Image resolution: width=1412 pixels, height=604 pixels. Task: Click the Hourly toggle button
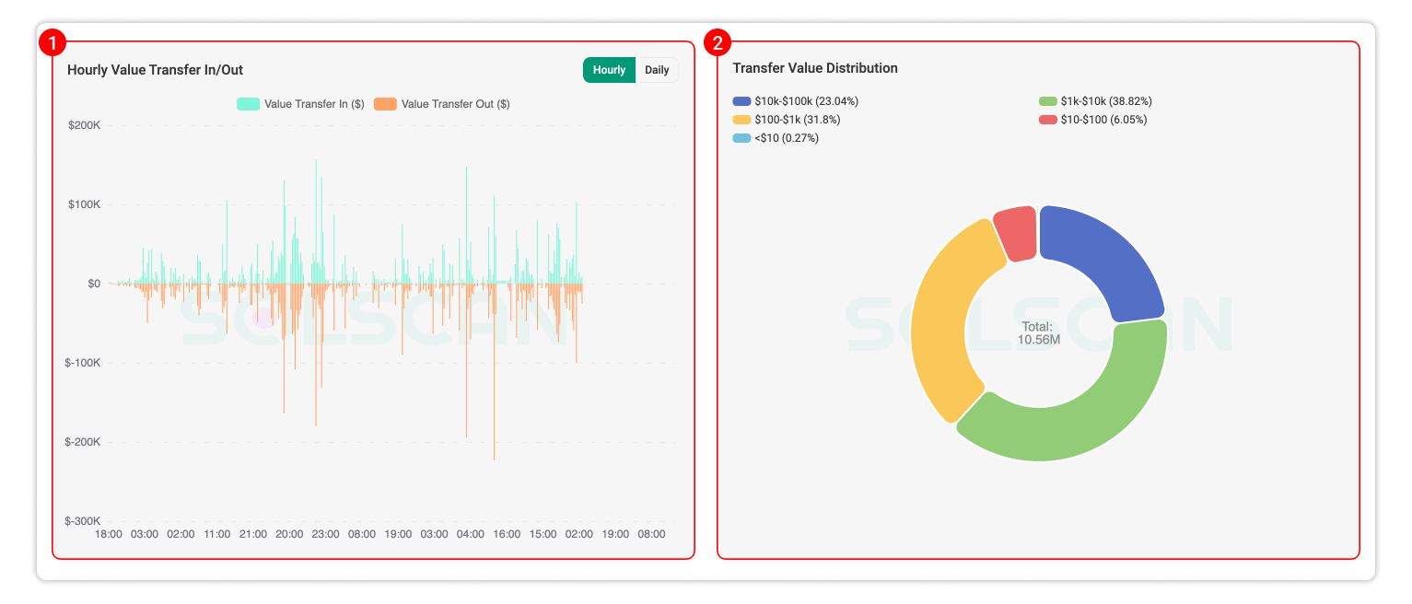[609, 70]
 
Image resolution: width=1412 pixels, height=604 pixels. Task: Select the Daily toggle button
[657, 70]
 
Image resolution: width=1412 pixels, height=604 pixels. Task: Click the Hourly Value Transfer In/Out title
[155, 70]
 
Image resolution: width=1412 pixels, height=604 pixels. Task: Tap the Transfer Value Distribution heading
[814, 68]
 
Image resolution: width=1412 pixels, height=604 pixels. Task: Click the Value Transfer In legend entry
[301, 104]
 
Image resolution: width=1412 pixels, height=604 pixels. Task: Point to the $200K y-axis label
[84, 125]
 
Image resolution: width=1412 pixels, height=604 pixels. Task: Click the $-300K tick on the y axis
[83, 521]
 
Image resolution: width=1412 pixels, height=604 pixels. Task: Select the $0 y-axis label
[94, 284]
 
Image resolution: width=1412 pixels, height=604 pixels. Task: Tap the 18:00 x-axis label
[109, 534]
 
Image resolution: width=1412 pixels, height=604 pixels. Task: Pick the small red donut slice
[1016, 232]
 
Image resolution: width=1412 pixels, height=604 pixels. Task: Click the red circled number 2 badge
[718, 42]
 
